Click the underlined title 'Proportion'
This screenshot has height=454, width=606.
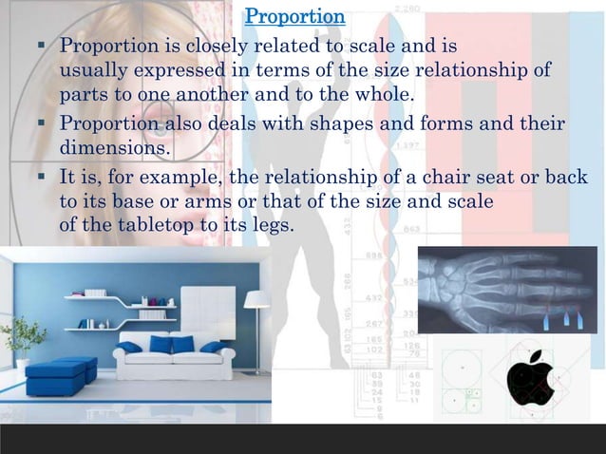(x=294, y=17)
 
